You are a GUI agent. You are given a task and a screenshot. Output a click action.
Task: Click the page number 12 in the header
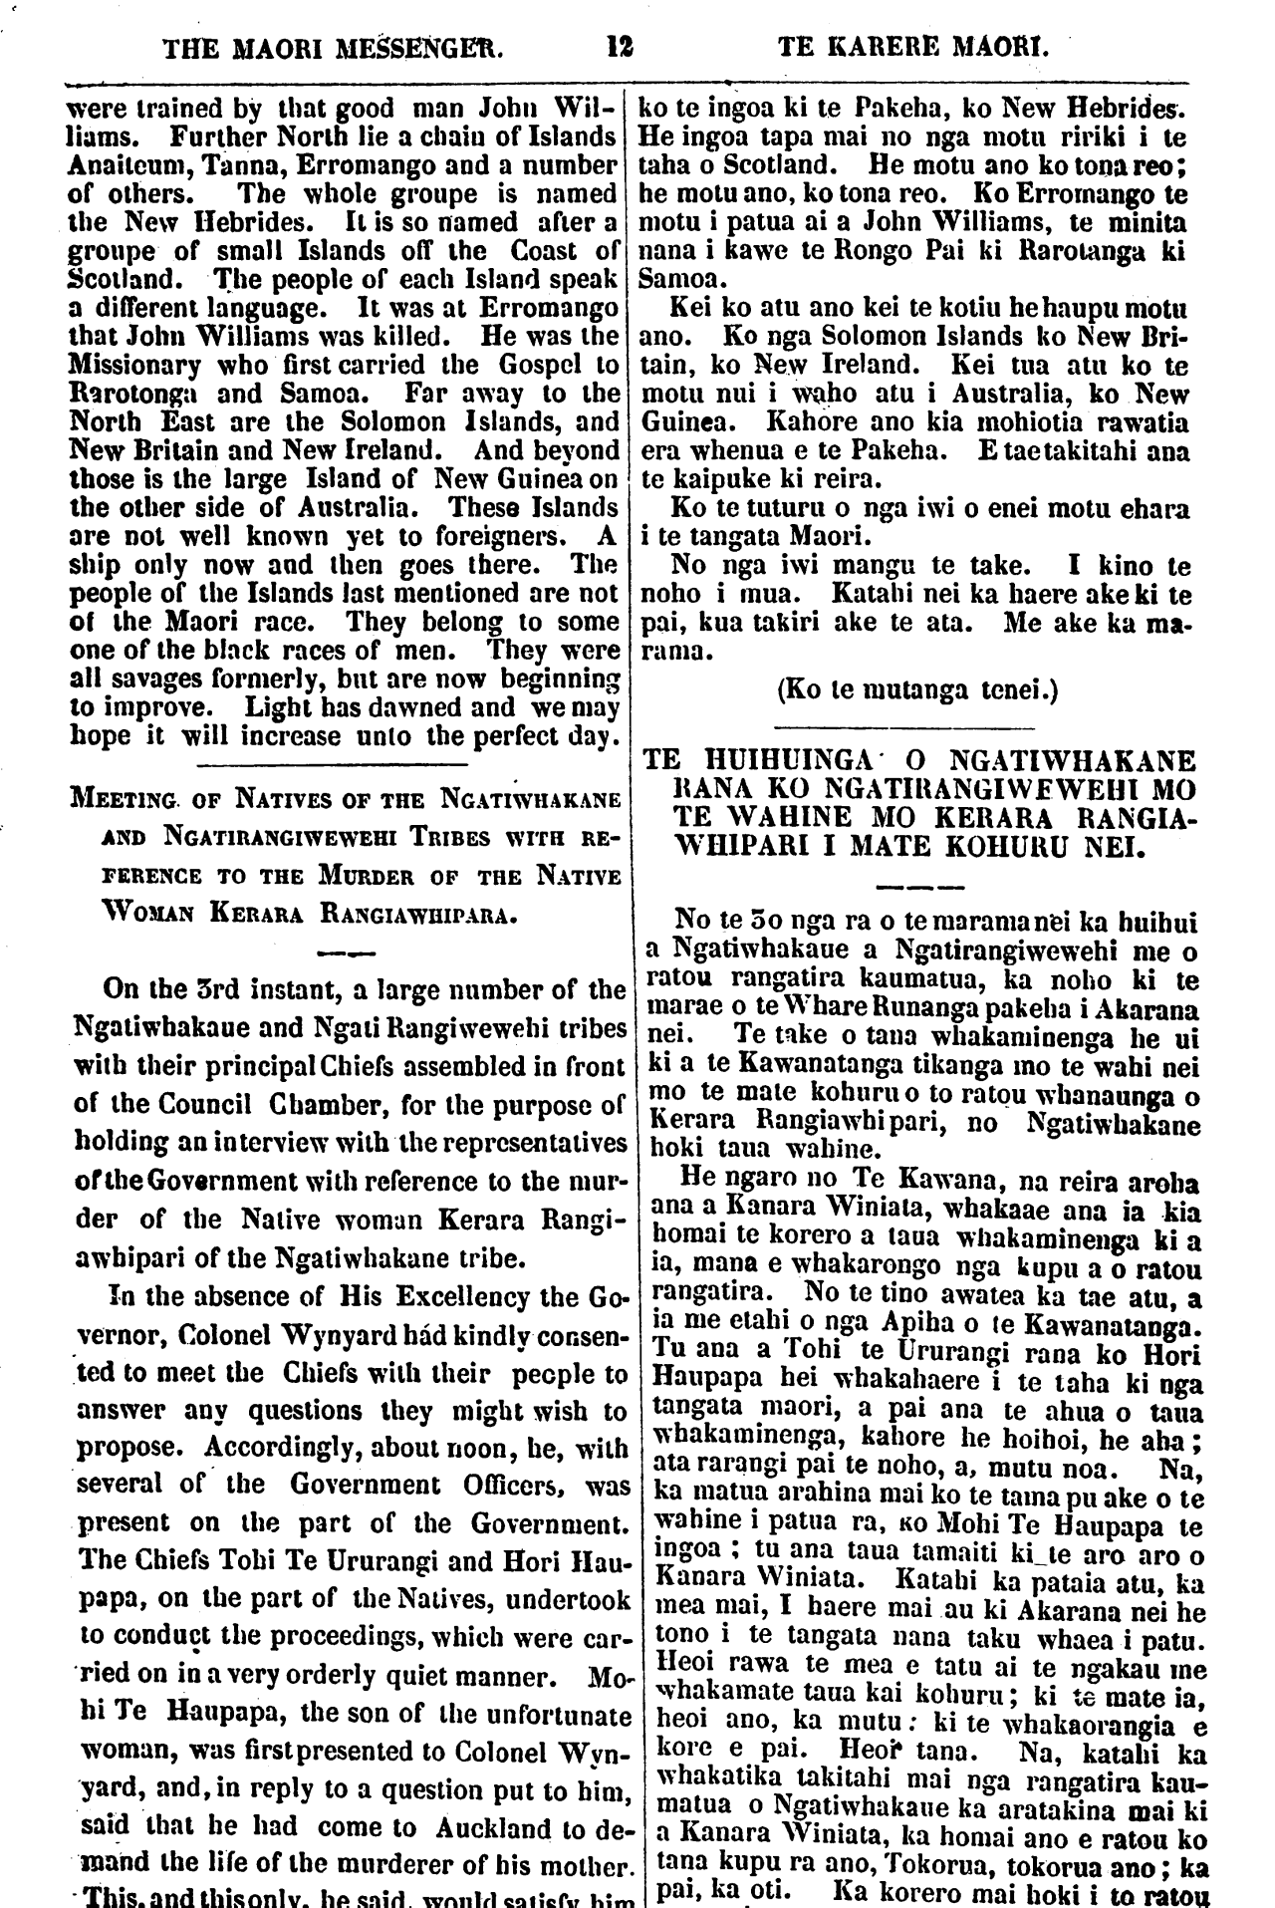(x=619, y=46)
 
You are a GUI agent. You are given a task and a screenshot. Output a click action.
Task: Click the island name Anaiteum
(x=123, y=164)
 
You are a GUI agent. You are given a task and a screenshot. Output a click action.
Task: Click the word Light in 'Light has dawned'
(x=280, y=708)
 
